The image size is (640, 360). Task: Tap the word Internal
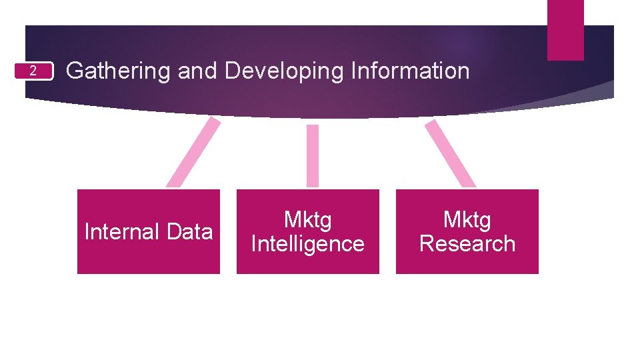tap(122, 232)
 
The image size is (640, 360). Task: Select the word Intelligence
tap(308, 244)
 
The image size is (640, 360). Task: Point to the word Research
tap(467, 244)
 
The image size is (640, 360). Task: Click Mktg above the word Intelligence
tap(307, 219)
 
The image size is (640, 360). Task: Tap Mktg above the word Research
tap(467, 219)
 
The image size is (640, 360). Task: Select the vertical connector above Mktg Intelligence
tap(312, 155)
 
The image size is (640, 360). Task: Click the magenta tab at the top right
tap(565, 30)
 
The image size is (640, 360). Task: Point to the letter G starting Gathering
tap(75, 71)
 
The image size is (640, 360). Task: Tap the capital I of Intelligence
tap(254, 244)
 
